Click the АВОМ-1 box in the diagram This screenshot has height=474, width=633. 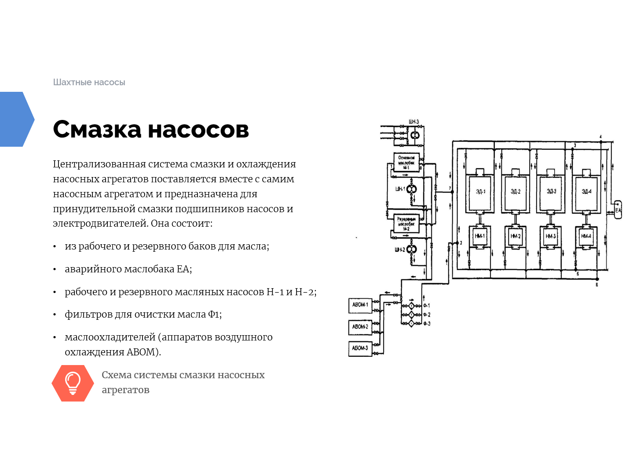pos(360,305)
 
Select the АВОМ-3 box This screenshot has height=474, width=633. pos(360,348)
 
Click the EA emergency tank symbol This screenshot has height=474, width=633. pos(618,210)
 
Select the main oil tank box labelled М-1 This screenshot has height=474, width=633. pos(406,163)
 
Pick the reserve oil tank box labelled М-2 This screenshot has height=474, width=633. pos(406,224)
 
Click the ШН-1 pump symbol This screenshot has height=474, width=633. pos(411,190)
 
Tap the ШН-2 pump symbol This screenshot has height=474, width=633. pos(411,250)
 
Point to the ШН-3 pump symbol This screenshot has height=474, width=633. pos(415,135)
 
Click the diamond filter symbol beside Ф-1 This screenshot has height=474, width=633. pos(411,306)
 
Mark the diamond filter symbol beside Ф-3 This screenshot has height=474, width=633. pos(411,324)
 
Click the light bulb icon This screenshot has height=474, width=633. pos(73,383)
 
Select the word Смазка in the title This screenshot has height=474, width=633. pos(97,130)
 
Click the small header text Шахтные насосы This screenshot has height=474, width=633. pos(89,82)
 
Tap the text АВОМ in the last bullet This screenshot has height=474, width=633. pos(141,352)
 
